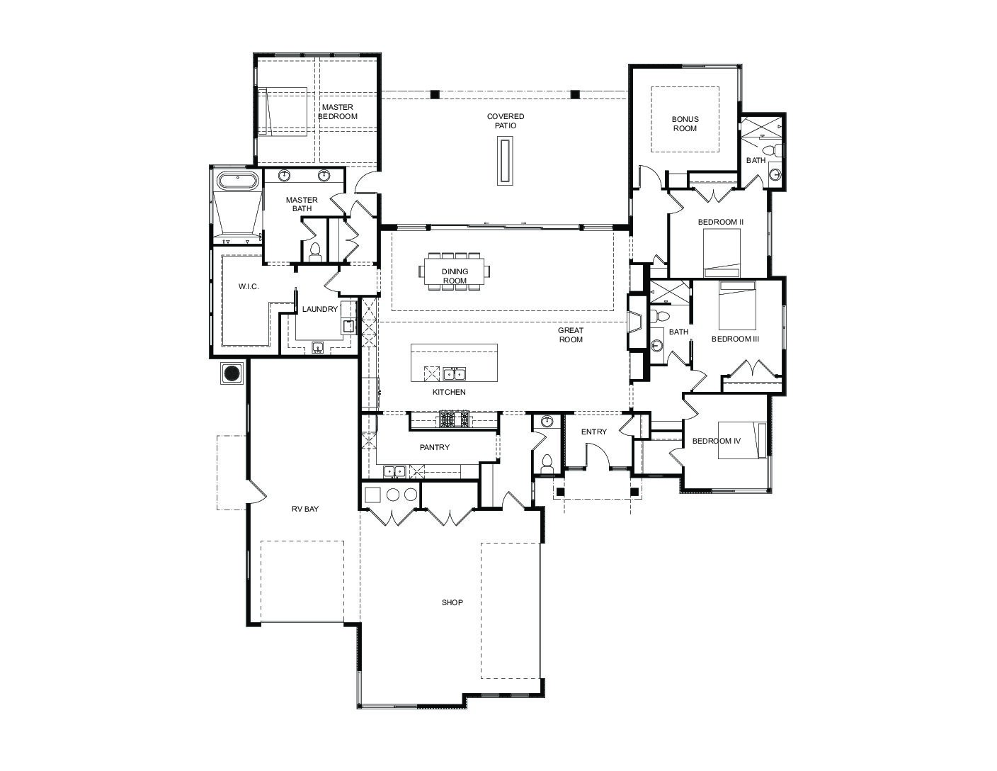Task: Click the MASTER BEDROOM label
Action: click(337, 111)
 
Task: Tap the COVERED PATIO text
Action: click(505, 120)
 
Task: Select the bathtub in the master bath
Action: click(237, 180)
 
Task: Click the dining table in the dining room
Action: click(454, 271)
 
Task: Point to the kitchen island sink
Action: click(454, 373)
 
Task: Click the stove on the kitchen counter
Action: click(454, 420)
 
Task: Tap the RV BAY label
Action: click(304, 509)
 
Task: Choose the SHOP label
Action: click(452, 602)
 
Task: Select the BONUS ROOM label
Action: click(685, 123)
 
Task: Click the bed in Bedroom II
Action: click(722, 252)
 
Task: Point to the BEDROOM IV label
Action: click(716, 441)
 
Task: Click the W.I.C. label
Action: click(249, 286)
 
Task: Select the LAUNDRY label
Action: click(320, 309)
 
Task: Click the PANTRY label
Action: click(435, 447)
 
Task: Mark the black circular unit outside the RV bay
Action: click(232, 373)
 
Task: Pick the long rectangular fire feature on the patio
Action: click(505, 161)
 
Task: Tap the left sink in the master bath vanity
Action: click(285, 175)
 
